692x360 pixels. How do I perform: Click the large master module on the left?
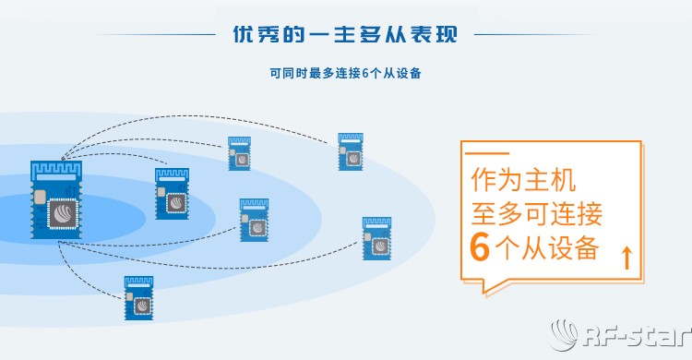(x=57, y=199)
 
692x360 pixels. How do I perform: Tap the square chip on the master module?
(x=63, y=214)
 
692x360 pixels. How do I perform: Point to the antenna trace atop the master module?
(x=57, y=170)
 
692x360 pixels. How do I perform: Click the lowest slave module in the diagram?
(x=138, y=297)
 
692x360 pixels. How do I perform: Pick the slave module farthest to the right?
(x=376, y=238)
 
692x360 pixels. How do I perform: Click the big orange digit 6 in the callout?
(x=480, y=248)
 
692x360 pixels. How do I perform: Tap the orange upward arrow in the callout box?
(x=627, y=258)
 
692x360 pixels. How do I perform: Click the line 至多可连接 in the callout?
(x=536, y=213)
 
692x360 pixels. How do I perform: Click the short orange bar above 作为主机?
(x=489, y=154)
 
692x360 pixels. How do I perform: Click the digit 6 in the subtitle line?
(x=365, y=73)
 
